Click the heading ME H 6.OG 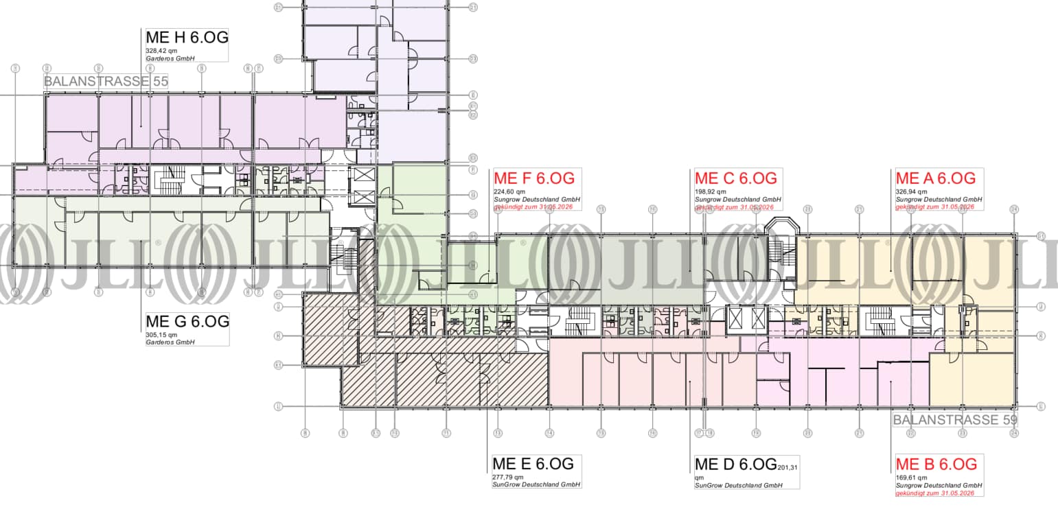[187, 37]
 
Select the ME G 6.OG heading [187, 321]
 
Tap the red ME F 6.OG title [533, 178]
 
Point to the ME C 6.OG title [736, 178]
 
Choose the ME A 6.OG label [935, 178]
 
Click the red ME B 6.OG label [936, 464]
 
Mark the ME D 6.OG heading [736, 464]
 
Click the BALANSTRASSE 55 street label [106, 82]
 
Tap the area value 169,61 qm [911, 478]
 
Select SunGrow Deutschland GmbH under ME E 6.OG [536, 485]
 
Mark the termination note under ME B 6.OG [935, 493]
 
